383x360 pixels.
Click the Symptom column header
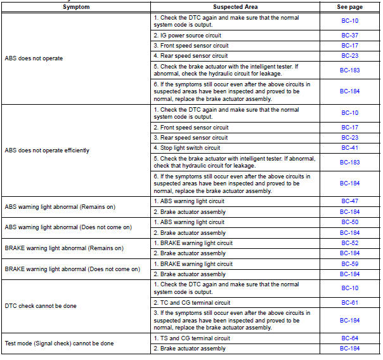click(75, 6)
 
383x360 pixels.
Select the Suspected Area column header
click(235, 6)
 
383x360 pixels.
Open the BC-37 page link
click(350, 36)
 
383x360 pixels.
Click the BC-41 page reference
click(350, 147)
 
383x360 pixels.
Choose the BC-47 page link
click(350, 201)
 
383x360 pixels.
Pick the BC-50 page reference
click(350, 222)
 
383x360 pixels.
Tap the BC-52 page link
click(350, 243)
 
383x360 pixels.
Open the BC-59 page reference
click(350, 264)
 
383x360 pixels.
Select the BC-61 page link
click(350, 303)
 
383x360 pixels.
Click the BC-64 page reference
click(350, 338)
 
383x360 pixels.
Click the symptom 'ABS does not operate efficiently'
click(47, 150)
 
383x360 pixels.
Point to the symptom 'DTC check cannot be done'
click(41, 306)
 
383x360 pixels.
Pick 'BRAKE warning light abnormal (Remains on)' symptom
click(64, 248)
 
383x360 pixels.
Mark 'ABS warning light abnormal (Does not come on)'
click(68, 227)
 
